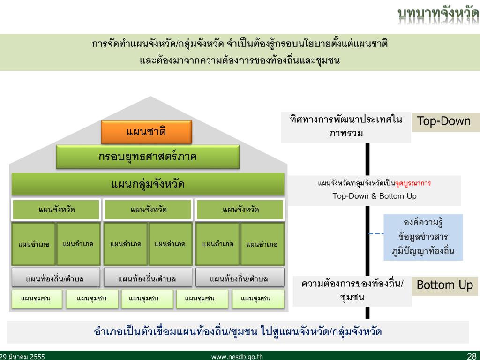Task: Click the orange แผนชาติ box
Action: pos(146,132)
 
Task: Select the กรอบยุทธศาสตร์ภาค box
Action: pos(148,157)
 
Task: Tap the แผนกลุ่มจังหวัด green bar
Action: pos(148,184)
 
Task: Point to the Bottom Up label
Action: pos(445,285)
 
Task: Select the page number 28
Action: pos(472,356)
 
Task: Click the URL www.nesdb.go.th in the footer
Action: pos(237,356)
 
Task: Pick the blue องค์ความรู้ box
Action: pos(423,237)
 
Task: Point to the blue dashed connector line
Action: pos(376,233)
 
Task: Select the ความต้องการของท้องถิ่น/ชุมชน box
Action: pos(352,291)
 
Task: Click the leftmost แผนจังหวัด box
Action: pos(56,210)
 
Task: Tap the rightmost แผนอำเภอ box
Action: pos(262,244)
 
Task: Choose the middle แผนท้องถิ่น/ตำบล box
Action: pos(148,278)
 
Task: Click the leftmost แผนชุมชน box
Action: pos(36,298)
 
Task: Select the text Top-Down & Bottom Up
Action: pos(375,196)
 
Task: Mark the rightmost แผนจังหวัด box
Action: pos(240,210)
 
